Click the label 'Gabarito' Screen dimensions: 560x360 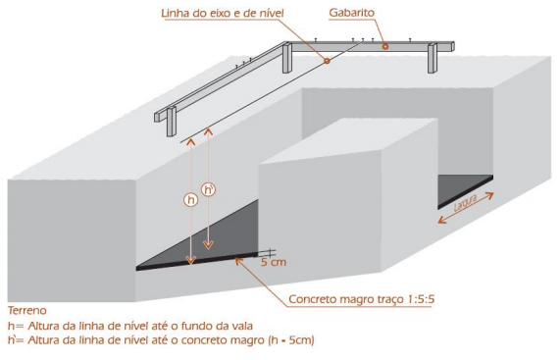point(352,13)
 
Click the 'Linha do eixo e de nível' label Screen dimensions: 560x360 point(223,13)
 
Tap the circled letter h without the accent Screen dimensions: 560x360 point(191,199)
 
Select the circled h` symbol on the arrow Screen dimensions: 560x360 point(209,189)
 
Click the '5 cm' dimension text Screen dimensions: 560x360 point(274,263)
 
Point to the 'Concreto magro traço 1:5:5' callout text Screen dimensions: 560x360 point(362,299)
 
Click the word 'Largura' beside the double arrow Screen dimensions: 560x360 point(465,203)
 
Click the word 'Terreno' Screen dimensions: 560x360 point(27,310)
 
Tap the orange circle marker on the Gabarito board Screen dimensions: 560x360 point(385,46)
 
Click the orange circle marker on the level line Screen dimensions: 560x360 point(327,61)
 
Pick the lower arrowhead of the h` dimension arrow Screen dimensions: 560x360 point(208,245)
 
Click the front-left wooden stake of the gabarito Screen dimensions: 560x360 point(172,122)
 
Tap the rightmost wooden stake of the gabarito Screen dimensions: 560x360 point(433,58)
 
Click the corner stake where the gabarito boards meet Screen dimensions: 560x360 point(287,58)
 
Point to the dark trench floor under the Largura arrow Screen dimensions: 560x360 point(465,190)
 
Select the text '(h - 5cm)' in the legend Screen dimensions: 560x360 point(291,340)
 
